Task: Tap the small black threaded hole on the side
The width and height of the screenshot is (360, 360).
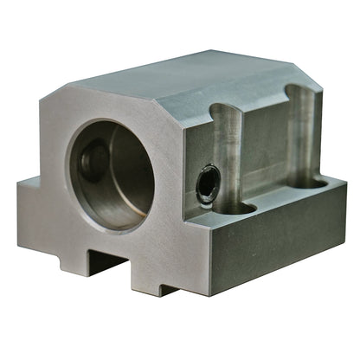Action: click(x=206, y=183)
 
